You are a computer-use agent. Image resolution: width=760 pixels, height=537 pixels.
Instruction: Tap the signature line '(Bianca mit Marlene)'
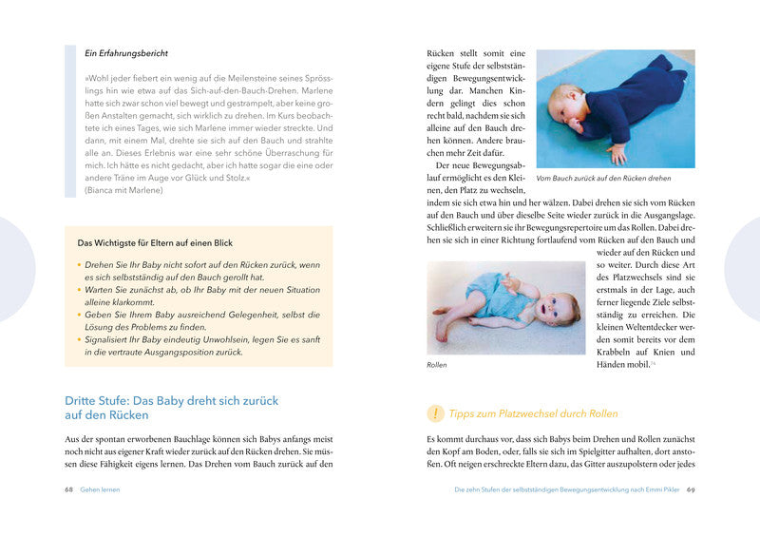[123, 189]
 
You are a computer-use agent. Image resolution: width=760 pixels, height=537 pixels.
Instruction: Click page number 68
[69, 489]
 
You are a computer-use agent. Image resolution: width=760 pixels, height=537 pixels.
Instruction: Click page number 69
[692, 489]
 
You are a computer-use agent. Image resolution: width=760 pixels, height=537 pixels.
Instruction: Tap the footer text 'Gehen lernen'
[101, 489]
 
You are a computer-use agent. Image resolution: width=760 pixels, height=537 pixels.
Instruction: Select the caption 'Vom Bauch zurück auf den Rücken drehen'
[603, 178]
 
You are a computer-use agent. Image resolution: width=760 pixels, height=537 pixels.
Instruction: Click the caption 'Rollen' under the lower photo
[437, 365]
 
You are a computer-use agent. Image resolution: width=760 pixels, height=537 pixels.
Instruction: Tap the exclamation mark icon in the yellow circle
[435, 413]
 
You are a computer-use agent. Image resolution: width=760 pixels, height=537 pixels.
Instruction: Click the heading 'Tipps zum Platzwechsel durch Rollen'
[533, 413]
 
